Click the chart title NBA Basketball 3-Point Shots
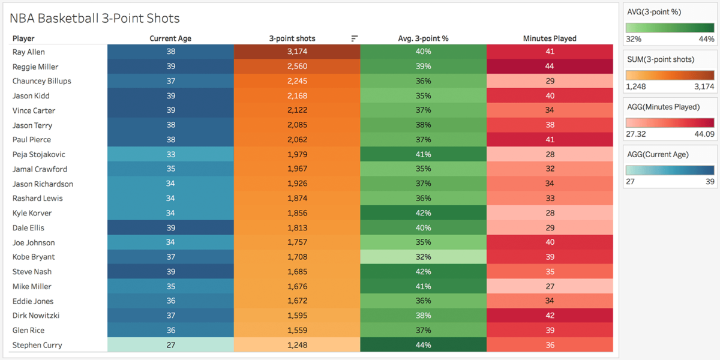pyautogui.click(x=94, y=19)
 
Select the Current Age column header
pyautogui.click(x=170, y=38)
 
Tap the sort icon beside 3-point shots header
pyautogui.click(x=354, y=38)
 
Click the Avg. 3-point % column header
pyautogui.click(x=423, y=38)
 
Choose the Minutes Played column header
pyautogui.click(x=550, y=38)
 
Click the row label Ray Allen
pyautogui.click(x=29, y=52)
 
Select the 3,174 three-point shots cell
pyautogui.click(x=297, y=52)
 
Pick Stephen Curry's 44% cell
pyautogui.click(x=423, y=345)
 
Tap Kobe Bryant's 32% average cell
pyautogui.click(x=423, y=257)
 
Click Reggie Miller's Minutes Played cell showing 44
pyautogui.click(x=550, y=67)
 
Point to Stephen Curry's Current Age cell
pyautogui.click(x=170, y=345)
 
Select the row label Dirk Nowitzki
pyautogui.click(x=36, y=316)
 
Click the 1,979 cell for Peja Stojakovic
pyautogui.click(x=297, y=155)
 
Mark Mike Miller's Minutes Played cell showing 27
pyautogui.click(x=550, y=286)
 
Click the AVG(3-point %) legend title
pyautogui.click(x=653, y=11)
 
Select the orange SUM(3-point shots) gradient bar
pyautogui.click(x=670, y=75)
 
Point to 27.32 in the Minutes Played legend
pyautogui.click(x=637, y=134)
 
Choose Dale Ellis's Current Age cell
pyautogui.click(x=170, y=228)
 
